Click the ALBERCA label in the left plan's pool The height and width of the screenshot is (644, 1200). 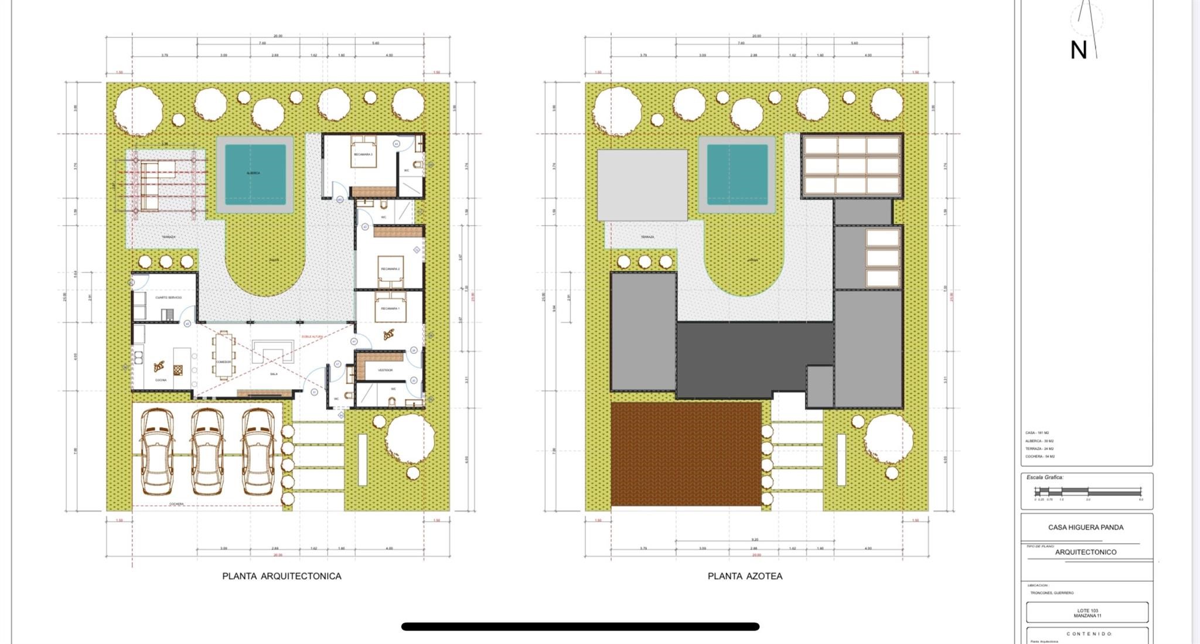[253, 173]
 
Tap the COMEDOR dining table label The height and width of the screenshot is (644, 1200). [223, 362]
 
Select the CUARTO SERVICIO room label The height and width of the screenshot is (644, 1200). [168, 298]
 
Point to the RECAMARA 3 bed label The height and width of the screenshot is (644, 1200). [363, 155]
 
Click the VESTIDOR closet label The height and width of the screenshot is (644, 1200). [385, 370]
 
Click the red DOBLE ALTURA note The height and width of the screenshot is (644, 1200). [312, 336]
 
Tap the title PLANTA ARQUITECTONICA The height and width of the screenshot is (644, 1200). [281, 576]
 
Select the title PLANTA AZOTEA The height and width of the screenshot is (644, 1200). [745, 576]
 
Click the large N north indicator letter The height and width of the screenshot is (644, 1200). [1078, 50]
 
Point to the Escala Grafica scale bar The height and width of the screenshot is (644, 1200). [1087, 492]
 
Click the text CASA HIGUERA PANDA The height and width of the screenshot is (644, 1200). [1086, 527]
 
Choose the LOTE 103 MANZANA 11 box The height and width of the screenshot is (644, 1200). [1087, 613]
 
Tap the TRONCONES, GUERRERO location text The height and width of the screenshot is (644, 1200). [1052, 593]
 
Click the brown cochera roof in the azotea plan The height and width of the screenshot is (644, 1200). [686, 454]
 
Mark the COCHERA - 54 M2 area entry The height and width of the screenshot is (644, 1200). [1040, 456]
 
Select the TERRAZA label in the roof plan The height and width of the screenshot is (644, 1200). [647, 237]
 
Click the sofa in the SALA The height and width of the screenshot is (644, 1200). [273, 352]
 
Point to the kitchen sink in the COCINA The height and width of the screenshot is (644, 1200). [139, 357]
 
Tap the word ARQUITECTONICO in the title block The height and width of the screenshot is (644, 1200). [1086, 552]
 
